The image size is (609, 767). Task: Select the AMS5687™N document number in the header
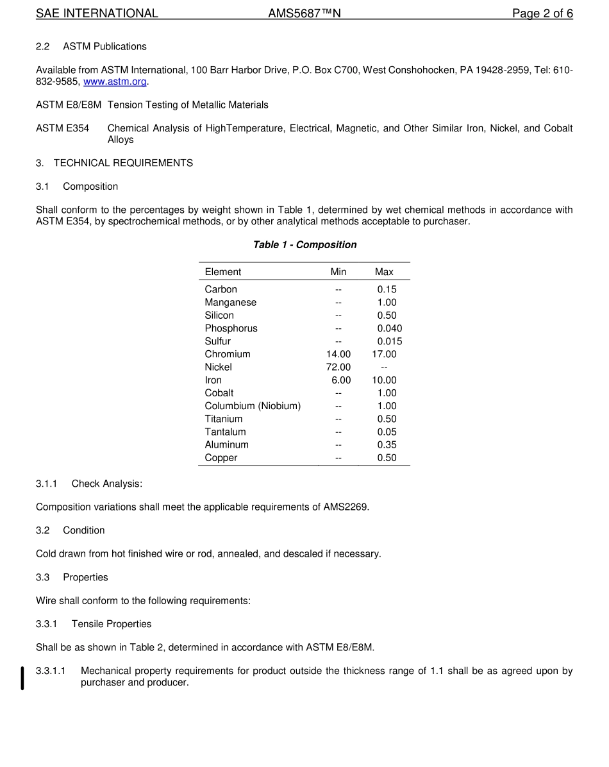pos(304,13)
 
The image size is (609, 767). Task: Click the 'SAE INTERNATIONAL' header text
pos(97,13)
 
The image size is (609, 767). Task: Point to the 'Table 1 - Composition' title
pos(304,245)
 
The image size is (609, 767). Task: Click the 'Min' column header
pos(338,272)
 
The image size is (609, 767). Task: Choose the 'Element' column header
pos(223,272)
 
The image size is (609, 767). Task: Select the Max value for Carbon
pos(387,290)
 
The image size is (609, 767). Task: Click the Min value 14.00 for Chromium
pos(338,355)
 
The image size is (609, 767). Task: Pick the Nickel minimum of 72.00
pos(338,367)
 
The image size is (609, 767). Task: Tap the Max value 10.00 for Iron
pos(384,380)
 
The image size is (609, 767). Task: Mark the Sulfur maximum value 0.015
pos(389,342)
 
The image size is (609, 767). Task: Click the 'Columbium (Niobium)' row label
pos(253,406)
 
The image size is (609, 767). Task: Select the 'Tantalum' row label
pos(225,432)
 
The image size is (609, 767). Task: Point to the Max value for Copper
pos(387,458)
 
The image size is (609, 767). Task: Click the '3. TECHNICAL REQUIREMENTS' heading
pos(114,163)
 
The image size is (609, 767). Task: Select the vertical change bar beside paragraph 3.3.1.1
pos(22,678)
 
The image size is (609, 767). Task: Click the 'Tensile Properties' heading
pos(111,624)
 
